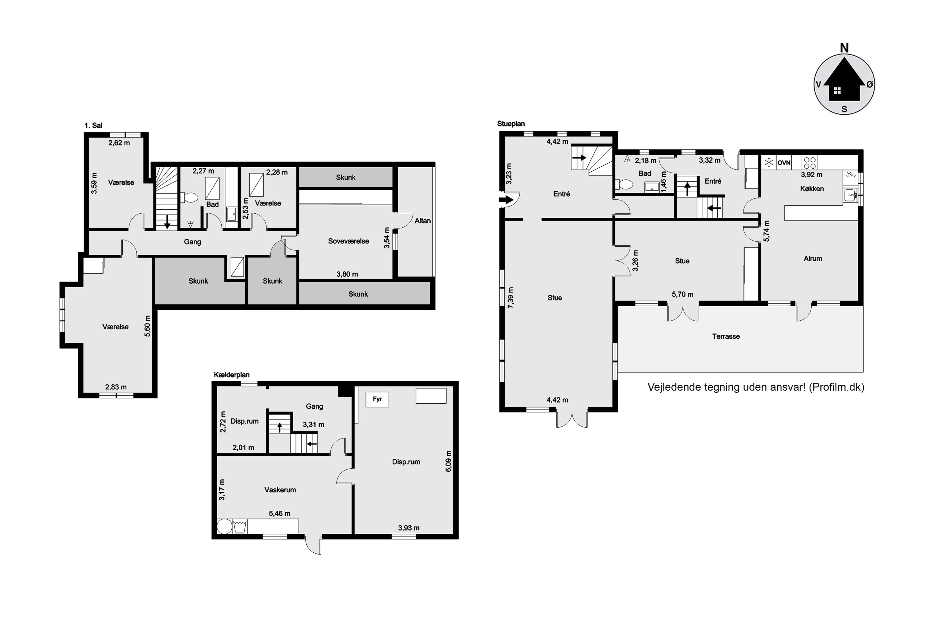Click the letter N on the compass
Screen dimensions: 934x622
pos(844,48)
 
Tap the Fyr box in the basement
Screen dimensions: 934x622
pos(377,399)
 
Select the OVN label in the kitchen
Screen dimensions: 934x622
pos(784,163)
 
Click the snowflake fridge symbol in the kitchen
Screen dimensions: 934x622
pos(769,162)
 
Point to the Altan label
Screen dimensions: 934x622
pos(422,220)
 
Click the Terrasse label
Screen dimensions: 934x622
pos(726,337)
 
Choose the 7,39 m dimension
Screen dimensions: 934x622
pos(511,298)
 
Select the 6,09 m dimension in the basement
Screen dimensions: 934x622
pos(448,461)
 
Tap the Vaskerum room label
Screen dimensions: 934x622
pos(280,490)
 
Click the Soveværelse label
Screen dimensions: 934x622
pos(348,241)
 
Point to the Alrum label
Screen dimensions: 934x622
pos(813,259)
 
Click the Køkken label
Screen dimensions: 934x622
pos(812,189)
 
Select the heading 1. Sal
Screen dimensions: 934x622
pos(93,126)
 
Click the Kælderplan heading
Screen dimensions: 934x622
pos(232,375)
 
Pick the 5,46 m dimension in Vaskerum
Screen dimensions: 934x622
pos(280,514)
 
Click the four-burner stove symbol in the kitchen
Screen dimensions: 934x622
pos(810,163)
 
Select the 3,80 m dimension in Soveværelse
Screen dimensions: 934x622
pos(347,274)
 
